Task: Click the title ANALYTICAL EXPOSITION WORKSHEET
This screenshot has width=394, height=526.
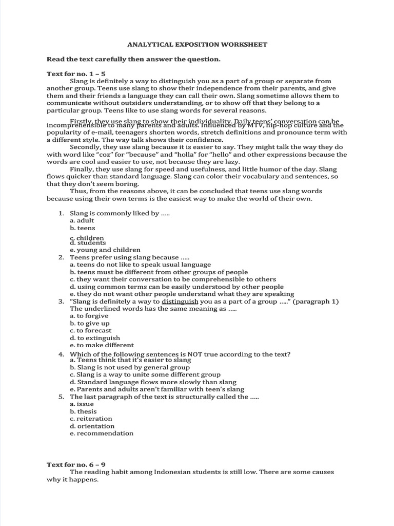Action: click(197, 45)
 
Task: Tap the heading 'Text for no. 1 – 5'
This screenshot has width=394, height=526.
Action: click(76, 74)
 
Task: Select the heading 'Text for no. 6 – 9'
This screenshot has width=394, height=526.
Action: click(76, 464)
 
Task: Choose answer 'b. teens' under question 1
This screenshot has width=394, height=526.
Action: click(83, 228)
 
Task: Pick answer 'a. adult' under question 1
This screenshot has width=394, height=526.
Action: click(82, 220)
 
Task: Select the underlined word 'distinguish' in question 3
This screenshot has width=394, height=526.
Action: click(180, 302)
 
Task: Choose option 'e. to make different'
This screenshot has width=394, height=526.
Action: click(102, 345)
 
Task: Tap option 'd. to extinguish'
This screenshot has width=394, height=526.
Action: click(95, 338)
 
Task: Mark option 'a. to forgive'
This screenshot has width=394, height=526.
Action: click(89, 316)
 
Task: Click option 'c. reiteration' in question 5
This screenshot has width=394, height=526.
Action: click(91, 419)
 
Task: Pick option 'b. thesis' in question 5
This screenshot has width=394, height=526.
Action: click(83, 411)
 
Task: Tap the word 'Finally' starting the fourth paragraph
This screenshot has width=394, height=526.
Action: click(82, 169)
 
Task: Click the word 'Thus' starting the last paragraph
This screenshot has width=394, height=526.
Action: click(77, 191)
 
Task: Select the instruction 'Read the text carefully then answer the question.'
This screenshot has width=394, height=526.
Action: click(133, 59)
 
